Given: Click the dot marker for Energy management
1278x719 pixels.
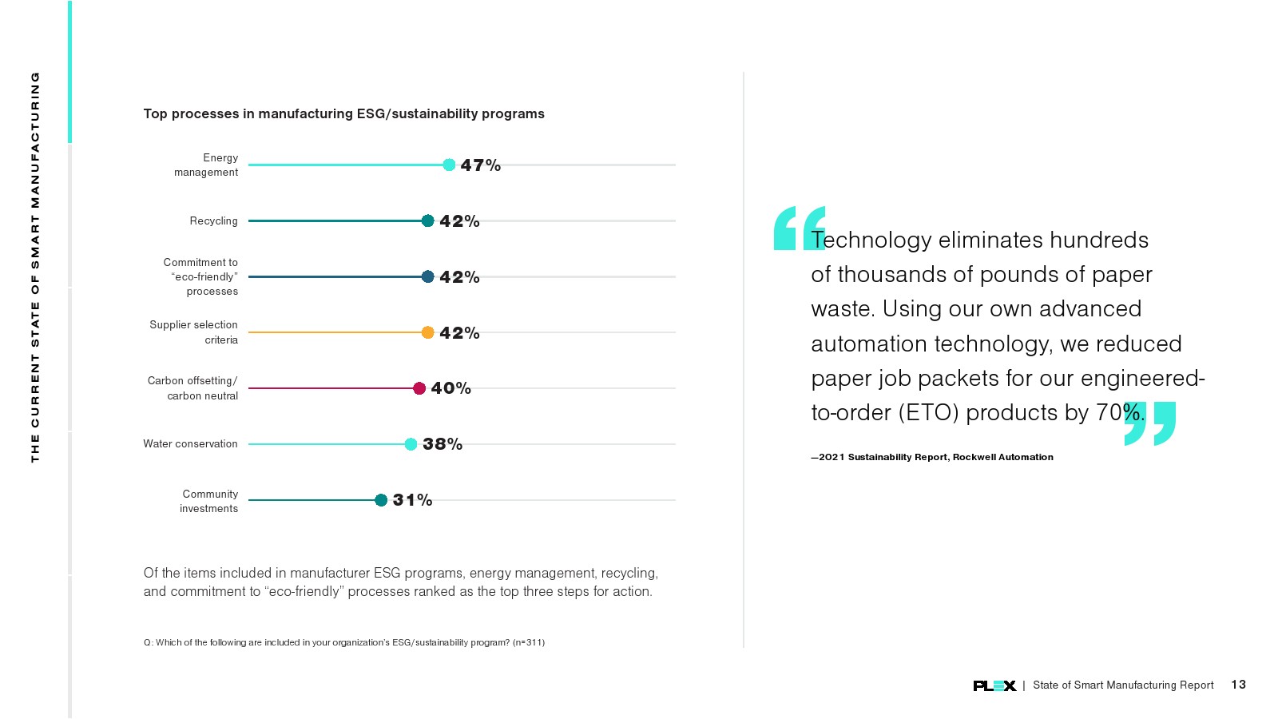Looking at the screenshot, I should coord(449,165).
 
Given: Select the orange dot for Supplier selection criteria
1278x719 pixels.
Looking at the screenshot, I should coord(427,332).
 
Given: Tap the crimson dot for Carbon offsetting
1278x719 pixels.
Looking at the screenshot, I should coord(419,388).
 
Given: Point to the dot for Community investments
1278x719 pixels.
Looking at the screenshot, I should coord(381,500).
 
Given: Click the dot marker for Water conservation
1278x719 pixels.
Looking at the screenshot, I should coord(411,444).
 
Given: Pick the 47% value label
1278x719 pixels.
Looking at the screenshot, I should coord(480,165).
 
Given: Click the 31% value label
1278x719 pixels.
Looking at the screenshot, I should coord(412,500).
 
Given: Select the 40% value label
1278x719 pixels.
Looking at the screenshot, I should coord(450,388).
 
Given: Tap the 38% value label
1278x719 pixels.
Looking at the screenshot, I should coord(443,444).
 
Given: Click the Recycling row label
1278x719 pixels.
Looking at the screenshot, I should coord(213,221).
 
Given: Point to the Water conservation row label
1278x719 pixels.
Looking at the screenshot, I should coord(190,444).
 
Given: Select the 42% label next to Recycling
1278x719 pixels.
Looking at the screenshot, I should coord(459,221).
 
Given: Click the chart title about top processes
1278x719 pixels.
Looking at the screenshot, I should coord(343,114).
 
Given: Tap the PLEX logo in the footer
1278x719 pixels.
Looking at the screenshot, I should coord(994,685).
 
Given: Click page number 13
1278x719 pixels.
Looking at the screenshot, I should coord(1238,685).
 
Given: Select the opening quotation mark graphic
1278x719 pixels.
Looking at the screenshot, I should coord(798,228).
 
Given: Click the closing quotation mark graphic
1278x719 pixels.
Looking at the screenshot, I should coord(1150,423).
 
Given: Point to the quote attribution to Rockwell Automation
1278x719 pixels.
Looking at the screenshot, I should coord(932,457).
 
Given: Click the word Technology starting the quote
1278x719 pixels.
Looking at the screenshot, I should coord(871,240).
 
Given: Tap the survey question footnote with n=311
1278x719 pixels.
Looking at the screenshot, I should coord(344,642).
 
